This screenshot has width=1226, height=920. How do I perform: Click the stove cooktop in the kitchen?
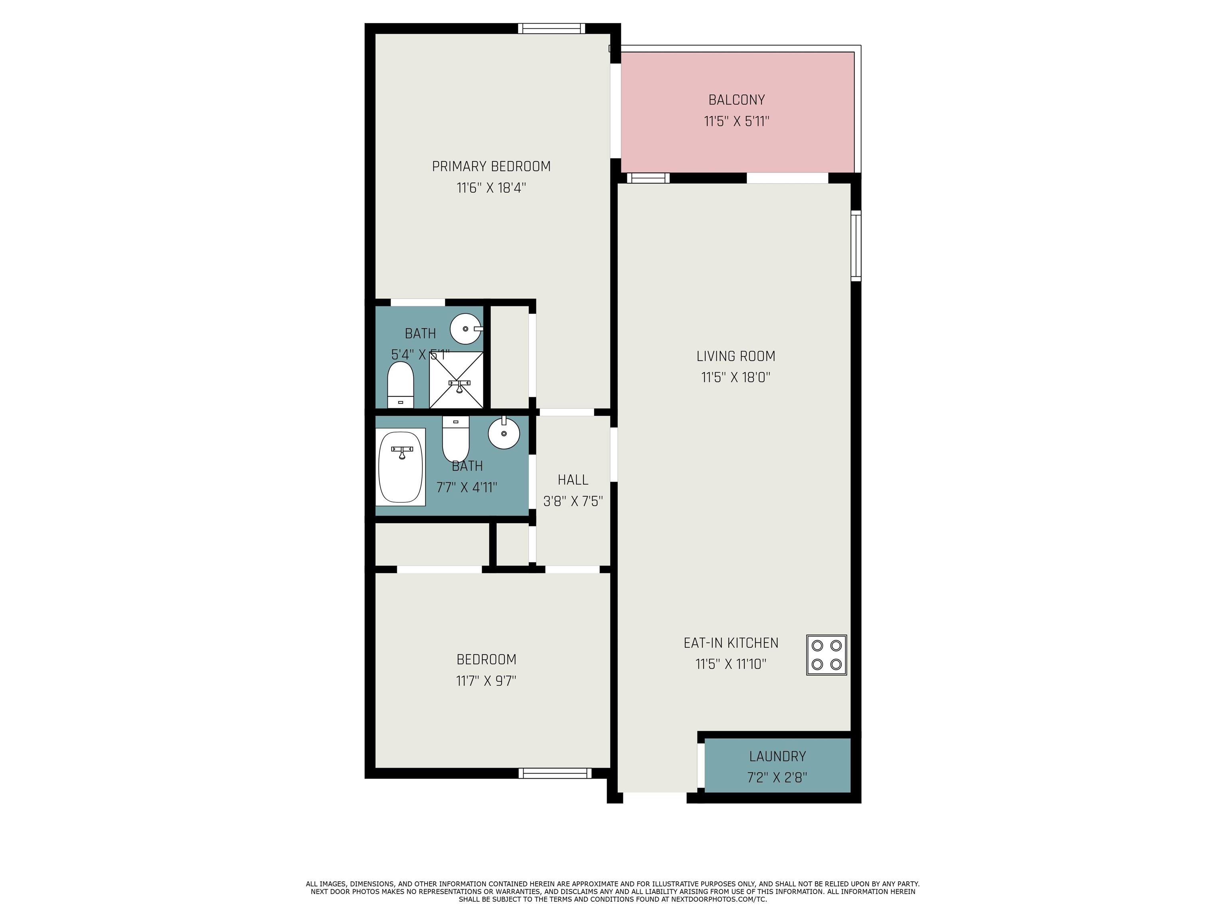click(826, 655)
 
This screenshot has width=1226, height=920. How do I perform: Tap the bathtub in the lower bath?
click(400, 467)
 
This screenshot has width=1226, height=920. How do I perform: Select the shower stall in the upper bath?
click(456, 380)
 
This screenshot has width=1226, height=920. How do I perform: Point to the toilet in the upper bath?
click(400, 385)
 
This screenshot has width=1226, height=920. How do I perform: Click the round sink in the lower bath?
click(503, 433)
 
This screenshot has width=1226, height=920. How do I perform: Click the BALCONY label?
click(736, 100)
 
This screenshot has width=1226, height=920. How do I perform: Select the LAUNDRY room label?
click(777, 756)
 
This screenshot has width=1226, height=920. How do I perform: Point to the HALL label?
click(573, 480)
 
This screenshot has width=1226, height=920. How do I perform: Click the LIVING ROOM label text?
click(736, 356)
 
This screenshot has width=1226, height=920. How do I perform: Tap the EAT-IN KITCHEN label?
click(730, 643)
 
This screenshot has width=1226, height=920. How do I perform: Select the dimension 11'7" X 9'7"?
click(486, 680)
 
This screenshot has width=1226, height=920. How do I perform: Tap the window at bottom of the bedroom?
click(555, 773)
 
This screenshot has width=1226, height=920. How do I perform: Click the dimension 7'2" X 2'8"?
click(777, 777)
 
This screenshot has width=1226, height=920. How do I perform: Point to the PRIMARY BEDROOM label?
click(491, 167)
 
